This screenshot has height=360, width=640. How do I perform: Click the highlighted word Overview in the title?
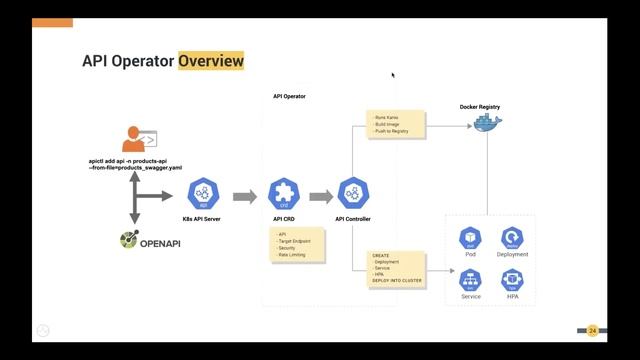[x=211, y=62]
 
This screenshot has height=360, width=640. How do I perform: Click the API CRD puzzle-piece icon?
[x=285, y=195]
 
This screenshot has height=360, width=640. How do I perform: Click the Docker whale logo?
[x=487, y=125]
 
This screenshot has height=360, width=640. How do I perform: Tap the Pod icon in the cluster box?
[x=470, y=237]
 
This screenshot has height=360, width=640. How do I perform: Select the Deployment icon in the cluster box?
[x=512, y=237]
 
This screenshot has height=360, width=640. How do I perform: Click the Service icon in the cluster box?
[x=470, y=279]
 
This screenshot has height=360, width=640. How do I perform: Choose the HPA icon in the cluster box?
[x=512, y=279]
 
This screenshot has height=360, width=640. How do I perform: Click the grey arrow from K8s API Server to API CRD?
[x=244, y=196]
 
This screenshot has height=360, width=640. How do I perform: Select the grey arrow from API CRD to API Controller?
[x=320, y=196]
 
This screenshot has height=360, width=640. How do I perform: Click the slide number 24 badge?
[x=592, y=330]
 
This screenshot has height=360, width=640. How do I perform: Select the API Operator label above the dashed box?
[x=289, y=96]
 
